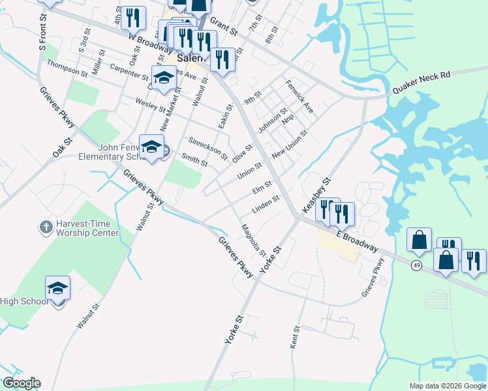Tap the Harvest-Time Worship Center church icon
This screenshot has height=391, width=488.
45,227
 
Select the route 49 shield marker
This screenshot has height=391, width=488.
416,265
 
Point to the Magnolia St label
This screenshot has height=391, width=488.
253,240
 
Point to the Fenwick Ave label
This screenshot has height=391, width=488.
299,96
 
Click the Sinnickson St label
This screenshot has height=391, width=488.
207,149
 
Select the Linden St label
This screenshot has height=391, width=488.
265,205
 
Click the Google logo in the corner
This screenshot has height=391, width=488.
21,383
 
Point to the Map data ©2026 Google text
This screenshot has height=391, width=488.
448,386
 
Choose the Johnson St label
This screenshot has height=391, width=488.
273,121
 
